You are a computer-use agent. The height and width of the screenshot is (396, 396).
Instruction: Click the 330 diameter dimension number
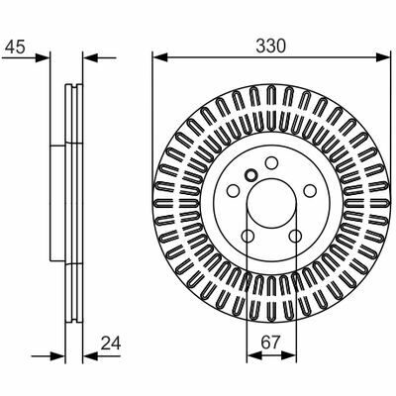[x=271, y=47]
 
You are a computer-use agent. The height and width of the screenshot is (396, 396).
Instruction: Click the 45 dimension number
[x=15, y=47]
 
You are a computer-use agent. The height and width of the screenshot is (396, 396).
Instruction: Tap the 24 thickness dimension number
[x=111, y=344]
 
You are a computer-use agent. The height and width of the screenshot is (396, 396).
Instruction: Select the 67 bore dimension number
[x=270, y=343]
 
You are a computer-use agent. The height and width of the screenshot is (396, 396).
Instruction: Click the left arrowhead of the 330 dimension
[x=160, y=57]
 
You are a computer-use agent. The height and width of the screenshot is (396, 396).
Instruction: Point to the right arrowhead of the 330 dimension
[x=383, y=57]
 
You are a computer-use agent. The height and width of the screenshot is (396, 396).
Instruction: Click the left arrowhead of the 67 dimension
[x=254, y=355]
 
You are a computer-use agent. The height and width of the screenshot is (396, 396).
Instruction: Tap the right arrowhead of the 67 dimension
[x=289, y=355]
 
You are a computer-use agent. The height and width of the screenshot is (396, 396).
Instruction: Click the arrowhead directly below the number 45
[x=43, y=58]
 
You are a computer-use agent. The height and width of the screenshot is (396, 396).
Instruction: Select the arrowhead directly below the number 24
[x=90, y=356]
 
